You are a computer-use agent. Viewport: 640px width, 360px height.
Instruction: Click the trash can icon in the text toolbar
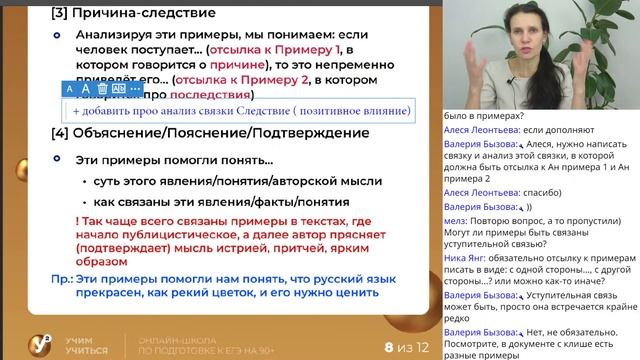click(103, 89)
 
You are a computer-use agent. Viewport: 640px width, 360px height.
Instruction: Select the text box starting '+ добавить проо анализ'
click(241, 111)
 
